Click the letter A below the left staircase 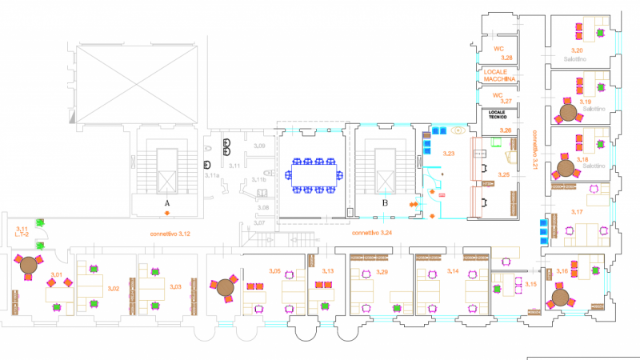167,204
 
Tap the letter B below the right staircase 386,204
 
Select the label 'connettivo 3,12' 170,233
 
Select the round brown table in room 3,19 569,113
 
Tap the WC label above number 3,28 497,50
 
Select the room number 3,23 449,153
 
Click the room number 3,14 453,272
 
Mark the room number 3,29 382,272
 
